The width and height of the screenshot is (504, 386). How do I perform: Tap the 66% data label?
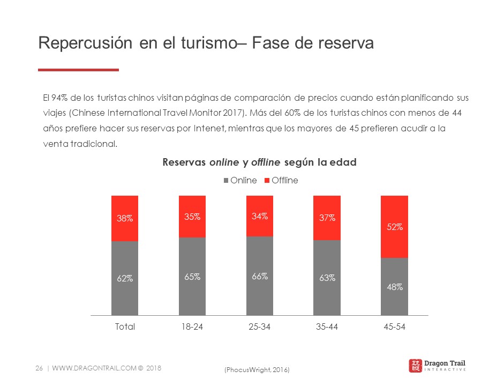click(x=260, y=277)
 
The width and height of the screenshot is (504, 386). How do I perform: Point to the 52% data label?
click(x=394, y=227)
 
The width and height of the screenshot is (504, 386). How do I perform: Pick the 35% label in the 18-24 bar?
click(x=192, y=217)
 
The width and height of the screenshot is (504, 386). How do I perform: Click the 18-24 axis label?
click(x=192, y=326)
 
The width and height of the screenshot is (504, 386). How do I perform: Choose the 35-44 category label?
click(x=327, y=326)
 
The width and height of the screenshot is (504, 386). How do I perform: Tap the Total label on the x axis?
click(x=125, y=326)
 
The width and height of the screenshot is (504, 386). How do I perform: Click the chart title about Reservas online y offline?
click(x=259, y=162)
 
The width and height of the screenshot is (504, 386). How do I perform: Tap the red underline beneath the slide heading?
click(x=78, y=70)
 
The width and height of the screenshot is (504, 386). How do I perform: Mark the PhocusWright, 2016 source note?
click(x=257, y=370)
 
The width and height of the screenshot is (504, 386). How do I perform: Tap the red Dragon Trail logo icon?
click(x=415, y=366)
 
